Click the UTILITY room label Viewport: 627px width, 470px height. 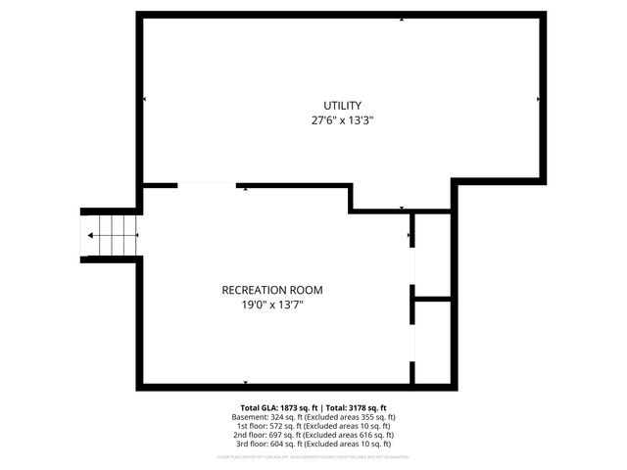[343, 106]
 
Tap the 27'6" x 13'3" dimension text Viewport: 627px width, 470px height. [343, 121]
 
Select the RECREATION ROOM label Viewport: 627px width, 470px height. [272, 290]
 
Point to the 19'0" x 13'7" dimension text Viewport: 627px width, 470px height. [272, 305]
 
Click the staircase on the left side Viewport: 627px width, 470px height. [111, 235]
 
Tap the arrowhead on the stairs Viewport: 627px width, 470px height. [91, 235]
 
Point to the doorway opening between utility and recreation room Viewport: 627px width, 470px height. [207, 184]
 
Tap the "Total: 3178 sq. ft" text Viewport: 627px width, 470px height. [356, 407]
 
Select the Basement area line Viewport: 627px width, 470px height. [313, 417]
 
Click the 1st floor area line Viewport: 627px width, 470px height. [313, 426]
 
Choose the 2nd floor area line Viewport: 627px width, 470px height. [313, 435]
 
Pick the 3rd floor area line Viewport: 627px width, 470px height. [313, 444]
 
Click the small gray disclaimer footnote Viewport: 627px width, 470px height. [313, 457]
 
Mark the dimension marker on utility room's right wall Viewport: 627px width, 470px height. [538, 99]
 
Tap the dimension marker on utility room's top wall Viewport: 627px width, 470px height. [402, 19]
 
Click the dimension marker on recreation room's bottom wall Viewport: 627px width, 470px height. [245, 381]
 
